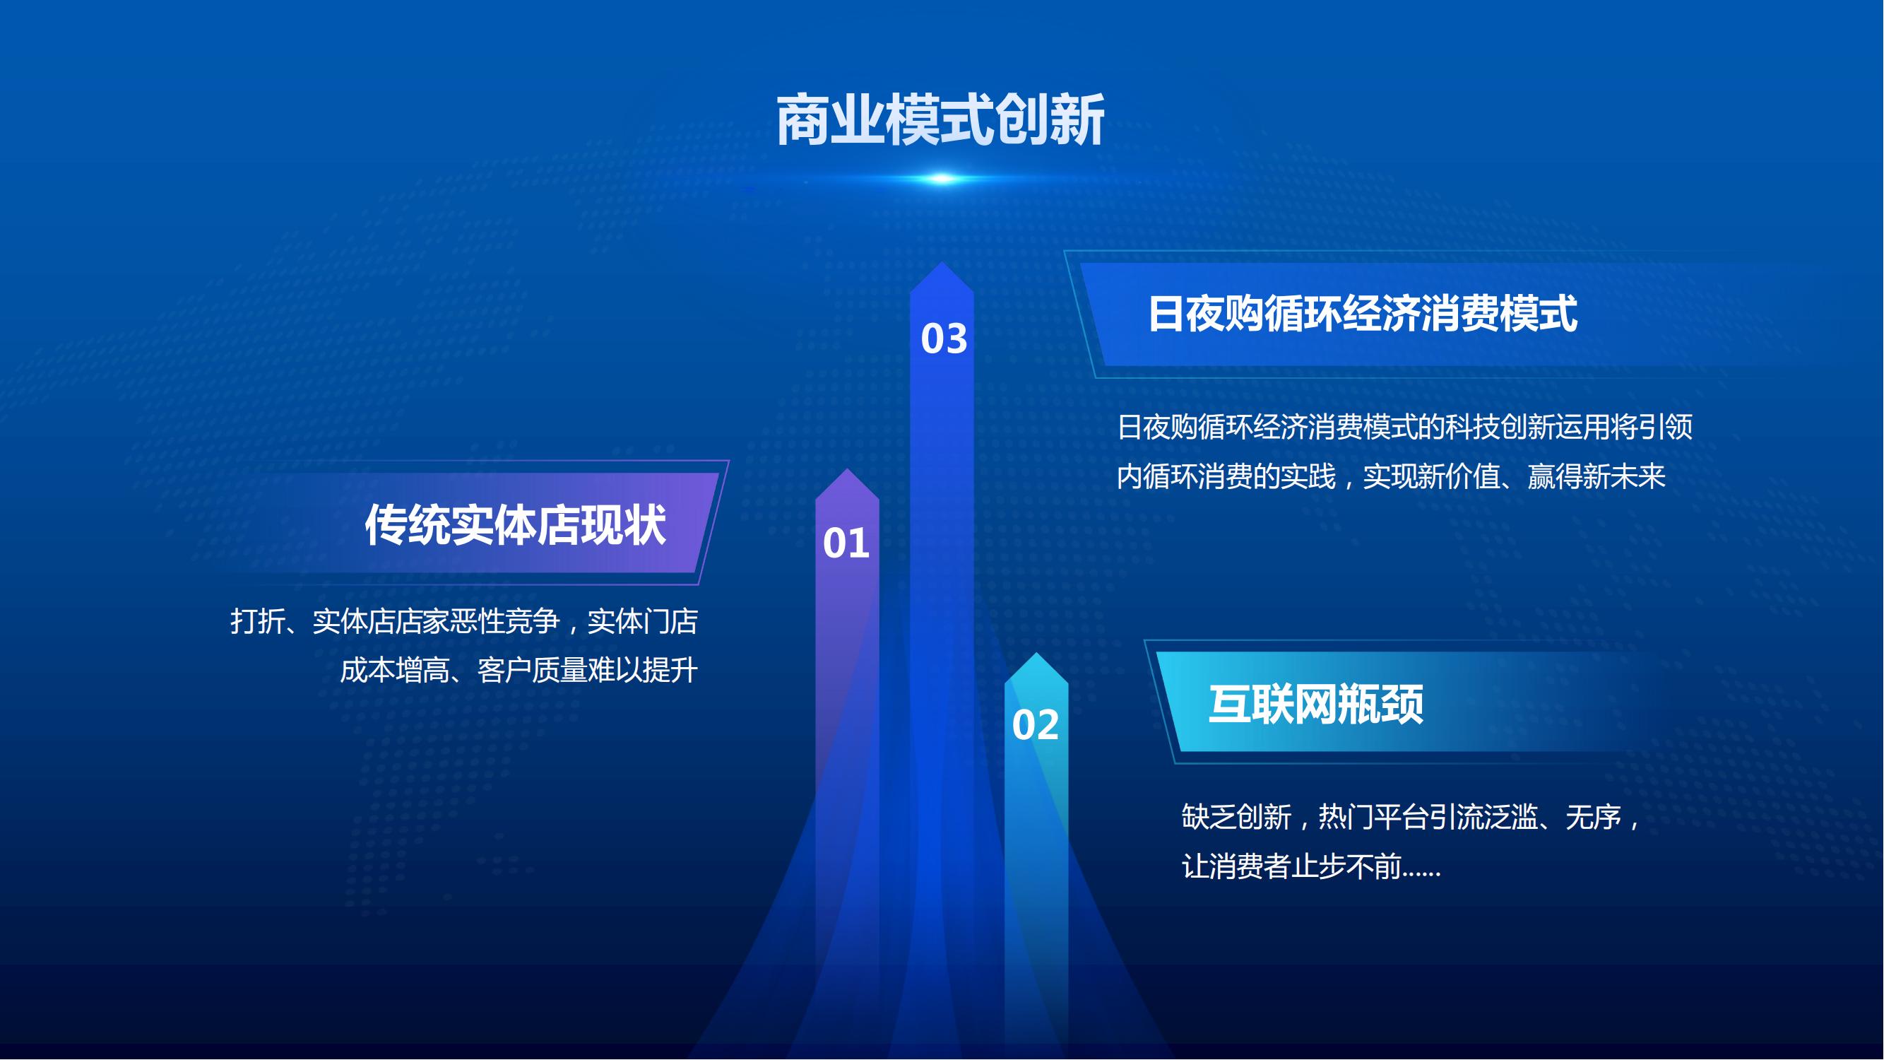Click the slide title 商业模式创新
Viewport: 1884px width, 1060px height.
pyautogui.click(x=940, y=120)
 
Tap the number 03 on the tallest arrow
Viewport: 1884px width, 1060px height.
pyautogui.click(x=944, y=338)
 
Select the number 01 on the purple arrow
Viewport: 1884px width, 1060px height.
pyautogui.click(x=846, y=543)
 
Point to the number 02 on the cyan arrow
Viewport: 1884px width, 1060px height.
pyautogui.click(x=1036, y=725)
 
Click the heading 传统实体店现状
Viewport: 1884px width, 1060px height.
pyautogui.click(x=516, y=524)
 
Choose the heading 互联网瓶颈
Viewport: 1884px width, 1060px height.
pyautogui.click(x=1316, y=705)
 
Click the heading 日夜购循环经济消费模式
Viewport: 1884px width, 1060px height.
pyautogui.click(x=1363, y=314)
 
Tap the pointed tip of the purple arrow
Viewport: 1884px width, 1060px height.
pyautogui.click(x=847, y=470)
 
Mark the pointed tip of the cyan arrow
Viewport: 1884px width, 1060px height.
pyautogui.click(x=1036, y=653)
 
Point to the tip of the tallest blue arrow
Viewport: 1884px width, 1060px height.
pyautogui.click(x=942, y=263)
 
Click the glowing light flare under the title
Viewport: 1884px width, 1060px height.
pyautogui.click(x=942, y=179)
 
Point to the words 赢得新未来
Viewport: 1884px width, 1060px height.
pyautogui.click(x=1596, y=477)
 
